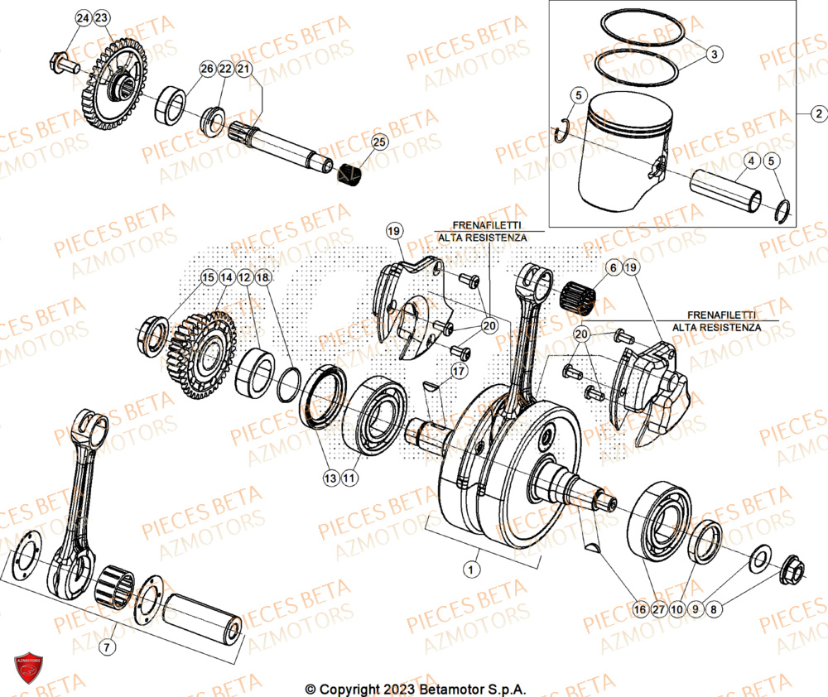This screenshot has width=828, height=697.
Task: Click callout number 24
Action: coord(84,17)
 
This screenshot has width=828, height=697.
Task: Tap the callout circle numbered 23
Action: coord(102,17)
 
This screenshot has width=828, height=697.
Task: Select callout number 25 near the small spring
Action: coord(378,142)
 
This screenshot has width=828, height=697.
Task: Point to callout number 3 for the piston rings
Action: coord(715,54)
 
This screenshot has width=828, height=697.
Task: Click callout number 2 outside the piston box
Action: coord(817,113)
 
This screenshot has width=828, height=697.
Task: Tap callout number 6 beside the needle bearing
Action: coord(612,267)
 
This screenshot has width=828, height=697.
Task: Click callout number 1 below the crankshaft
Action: coord(470,569)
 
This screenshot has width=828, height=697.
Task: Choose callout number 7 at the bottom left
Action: coord(106,645)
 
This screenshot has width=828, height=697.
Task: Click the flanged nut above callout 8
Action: coord(791,570)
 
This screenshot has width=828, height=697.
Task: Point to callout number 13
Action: coord(330,478)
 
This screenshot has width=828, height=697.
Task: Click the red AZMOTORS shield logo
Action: coord(27,669)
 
